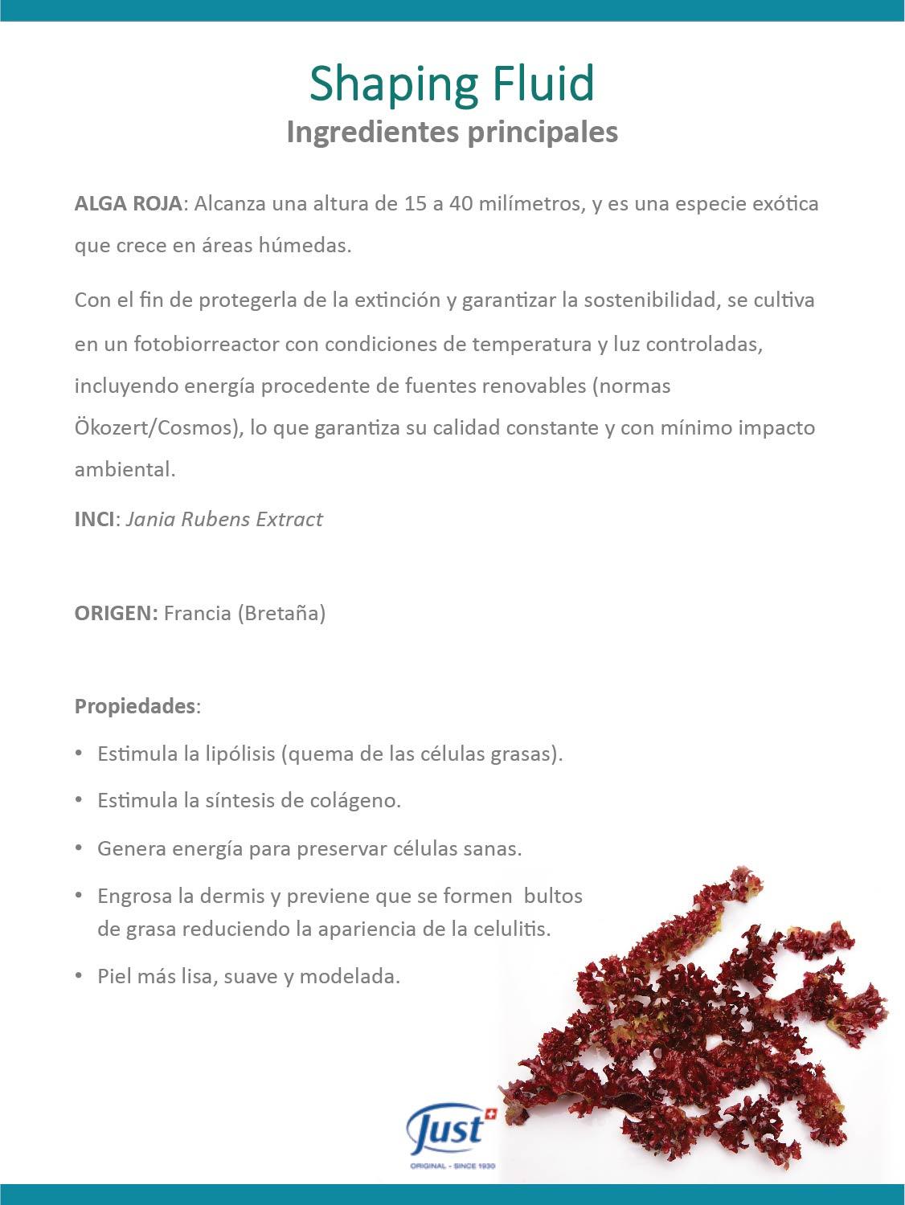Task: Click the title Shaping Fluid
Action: coord(452,84)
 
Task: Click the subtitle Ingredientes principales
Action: coord(452,132)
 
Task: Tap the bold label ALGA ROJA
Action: coord(128,203)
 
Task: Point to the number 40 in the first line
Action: coord(461,203)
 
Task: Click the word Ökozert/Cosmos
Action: coord(158,427)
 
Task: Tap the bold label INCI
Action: coord(94,519)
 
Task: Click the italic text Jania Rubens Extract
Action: coord(224,519)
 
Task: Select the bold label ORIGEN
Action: coord(116,614)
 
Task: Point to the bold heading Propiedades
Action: coord(135,706)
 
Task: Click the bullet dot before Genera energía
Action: coord(79,848)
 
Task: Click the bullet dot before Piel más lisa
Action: coord(79,976)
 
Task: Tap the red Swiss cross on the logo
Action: coord(491,1114)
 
